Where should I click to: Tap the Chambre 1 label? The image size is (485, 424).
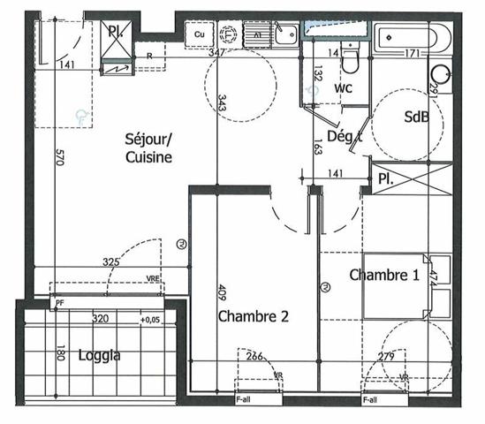[384, 275]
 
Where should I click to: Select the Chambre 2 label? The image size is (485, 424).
[253, 315]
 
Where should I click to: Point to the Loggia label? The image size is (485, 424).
[98, 356]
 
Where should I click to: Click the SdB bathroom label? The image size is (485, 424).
[417, 117]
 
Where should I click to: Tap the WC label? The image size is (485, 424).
[345, 89]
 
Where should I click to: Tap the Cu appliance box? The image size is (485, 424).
[200, 34]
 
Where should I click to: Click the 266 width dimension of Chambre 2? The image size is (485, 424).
[254, 357]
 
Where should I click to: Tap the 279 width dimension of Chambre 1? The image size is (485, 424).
[385, 357]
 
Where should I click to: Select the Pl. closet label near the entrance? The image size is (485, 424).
[115, 32]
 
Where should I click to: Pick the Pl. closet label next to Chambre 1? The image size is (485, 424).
[385, 177]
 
